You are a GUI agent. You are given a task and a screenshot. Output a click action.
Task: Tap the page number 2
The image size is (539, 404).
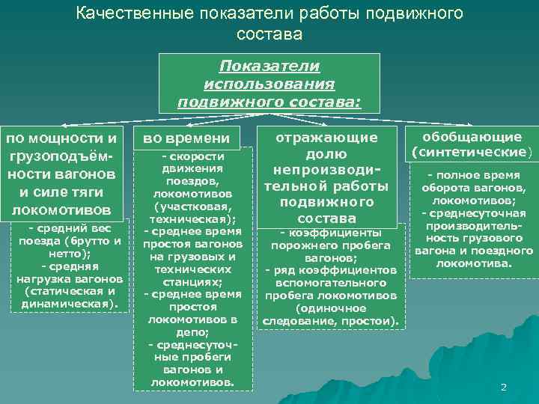click(x=503, y=387)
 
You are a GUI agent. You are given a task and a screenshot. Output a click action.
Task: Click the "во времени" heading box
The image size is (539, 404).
click(x=186, y=138)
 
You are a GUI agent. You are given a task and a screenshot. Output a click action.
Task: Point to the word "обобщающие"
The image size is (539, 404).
click(x=472, y=137)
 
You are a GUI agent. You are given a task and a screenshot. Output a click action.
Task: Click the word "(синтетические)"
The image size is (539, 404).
click(x=472, y=152)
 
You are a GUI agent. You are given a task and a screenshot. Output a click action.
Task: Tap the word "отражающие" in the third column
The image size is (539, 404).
click(x=326, y=138)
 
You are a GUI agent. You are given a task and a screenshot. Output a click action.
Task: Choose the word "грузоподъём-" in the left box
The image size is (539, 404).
click(x=61, y=156)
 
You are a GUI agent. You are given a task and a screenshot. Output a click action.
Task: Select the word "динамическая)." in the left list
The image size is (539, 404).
click(x=70, y=304)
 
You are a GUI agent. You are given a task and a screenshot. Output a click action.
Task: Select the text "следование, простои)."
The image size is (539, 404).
click(x=331, y=321)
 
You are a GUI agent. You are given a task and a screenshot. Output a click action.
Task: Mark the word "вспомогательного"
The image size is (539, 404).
click(x=331, y=283)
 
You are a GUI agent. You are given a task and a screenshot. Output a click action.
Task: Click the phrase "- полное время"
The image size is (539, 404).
click(x=472, y=175)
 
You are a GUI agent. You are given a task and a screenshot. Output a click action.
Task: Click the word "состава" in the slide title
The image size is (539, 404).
click(x=269, y=34)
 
